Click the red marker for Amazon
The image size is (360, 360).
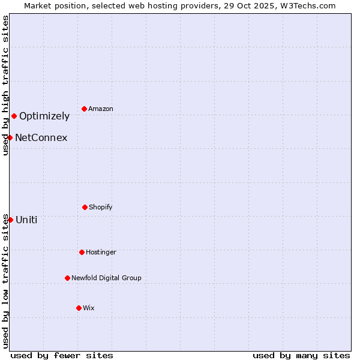tap(84, 109)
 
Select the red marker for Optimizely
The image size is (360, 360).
tap(14, 116)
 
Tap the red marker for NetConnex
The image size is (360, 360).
tap(10, 137)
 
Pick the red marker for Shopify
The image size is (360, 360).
tap(85, 207)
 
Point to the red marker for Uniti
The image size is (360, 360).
tap(10, 220)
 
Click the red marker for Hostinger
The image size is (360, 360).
tap(82, 252)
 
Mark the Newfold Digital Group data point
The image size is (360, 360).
tap(67, 278)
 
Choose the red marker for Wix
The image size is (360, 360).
tap(79, 308)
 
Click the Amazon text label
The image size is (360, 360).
tap(101, 109)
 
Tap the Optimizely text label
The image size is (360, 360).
tap(44, 116)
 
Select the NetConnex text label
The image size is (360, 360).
tap(41, 138)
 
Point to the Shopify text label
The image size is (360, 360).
tap(101, 207)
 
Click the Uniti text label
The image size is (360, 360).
tap(26, 220)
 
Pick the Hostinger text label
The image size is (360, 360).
tap(101, 252)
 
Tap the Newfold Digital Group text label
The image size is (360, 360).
tap(106, 278)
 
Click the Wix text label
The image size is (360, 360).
tap(89, 308)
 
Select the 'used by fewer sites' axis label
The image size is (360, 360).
tap(62, 355)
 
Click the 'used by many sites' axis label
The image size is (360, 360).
tap(301, 355)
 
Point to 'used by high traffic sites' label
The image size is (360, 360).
tap(5, 85)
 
